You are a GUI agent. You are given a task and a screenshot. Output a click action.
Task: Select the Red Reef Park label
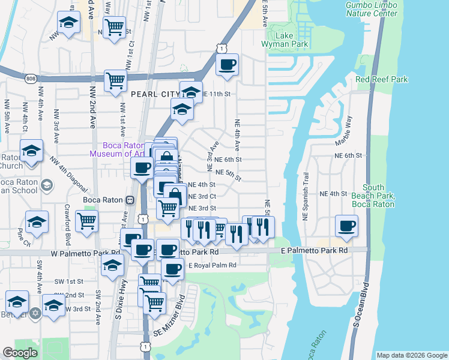click(x=381, y=79)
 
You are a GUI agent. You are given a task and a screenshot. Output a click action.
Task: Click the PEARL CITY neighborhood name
click(x=155, y=94)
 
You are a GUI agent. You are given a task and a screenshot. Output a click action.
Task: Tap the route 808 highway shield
click(x=31, y=79)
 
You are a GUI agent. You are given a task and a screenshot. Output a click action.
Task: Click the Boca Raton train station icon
click(x=130, y=199)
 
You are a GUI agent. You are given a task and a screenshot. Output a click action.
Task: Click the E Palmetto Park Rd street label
click(x=315, y=250)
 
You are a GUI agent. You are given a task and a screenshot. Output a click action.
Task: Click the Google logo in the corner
click(x=20, y=353)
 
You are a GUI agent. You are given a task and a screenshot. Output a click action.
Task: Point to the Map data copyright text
click(x=412, y=355)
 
